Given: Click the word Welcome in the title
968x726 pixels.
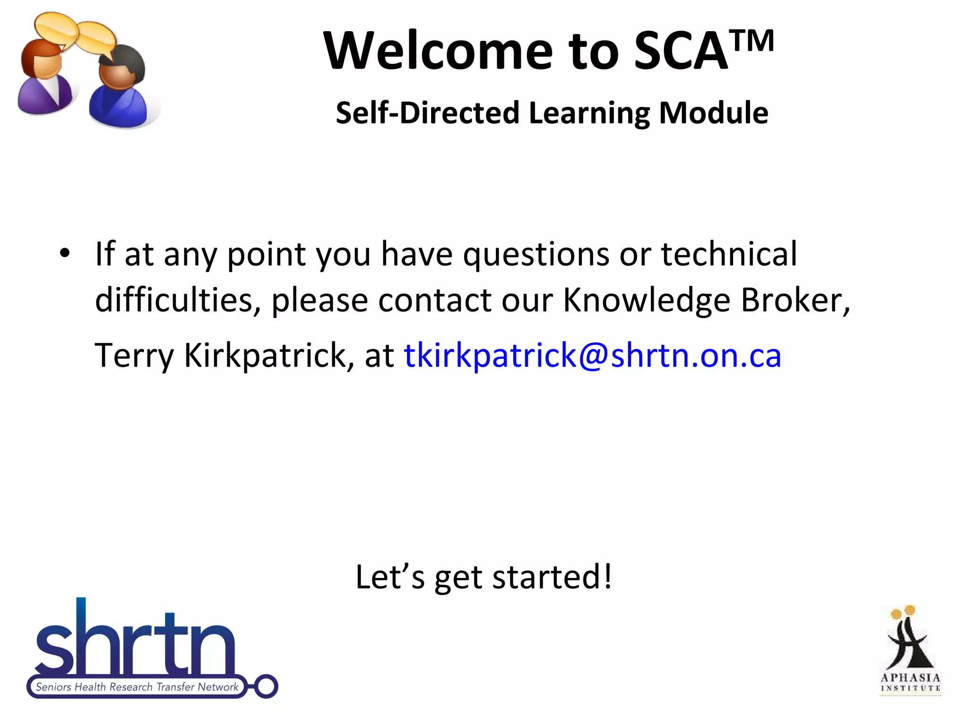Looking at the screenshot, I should click(438, 51).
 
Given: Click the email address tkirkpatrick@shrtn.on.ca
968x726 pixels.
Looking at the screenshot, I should click(592, 355).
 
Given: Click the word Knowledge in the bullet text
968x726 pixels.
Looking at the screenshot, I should click(646, 300).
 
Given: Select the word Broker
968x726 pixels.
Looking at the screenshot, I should click(795, 300).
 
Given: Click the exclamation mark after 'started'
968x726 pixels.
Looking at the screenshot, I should click(607, 577).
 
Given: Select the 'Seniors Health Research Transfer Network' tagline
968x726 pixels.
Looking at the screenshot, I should click(137, 687).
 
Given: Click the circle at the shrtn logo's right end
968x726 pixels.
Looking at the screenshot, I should click(266, 686).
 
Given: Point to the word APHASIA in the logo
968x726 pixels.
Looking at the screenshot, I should click(910, 678).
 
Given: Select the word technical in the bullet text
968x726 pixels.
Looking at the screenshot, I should click(728, 254).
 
